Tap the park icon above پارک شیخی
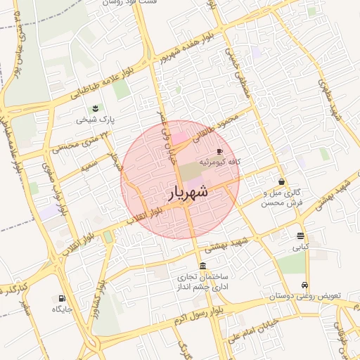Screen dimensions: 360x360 (94, 107)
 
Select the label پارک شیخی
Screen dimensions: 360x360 (94, 120)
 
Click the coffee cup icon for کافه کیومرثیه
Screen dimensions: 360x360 (220, 151)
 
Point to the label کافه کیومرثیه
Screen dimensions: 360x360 (219, 162)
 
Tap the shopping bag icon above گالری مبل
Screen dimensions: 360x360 (281, 181)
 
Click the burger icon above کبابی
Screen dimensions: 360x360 (300, 236)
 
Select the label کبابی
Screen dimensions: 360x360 (300, 247)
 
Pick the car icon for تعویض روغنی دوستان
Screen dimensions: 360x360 (304, 285)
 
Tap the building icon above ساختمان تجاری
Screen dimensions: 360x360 (202, 266)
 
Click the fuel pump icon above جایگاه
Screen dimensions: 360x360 (62, 298)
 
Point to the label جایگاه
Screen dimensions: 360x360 (62, 309)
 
